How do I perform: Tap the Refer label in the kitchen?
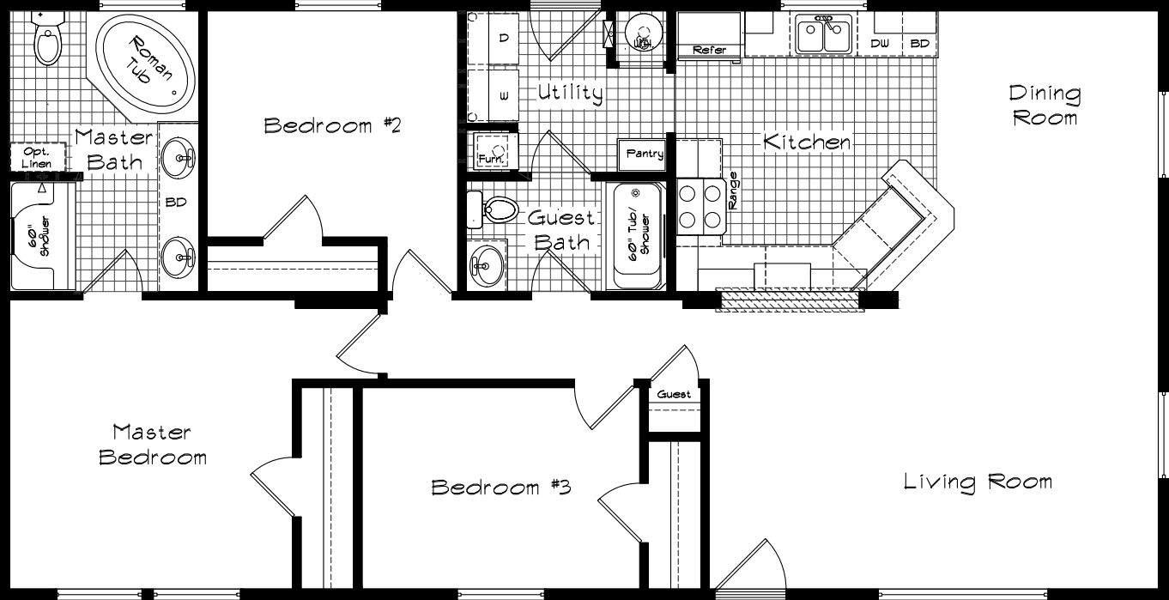point(709,51)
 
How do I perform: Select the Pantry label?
point(644,155)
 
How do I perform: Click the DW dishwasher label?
point(880,43)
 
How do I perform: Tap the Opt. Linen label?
point(37,157)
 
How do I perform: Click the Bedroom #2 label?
point(332,126)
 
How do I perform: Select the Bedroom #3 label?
point(500,488)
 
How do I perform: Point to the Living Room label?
point(978,482)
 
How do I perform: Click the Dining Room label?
point(1045,105)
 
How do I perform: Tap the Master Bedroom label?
point(152,444)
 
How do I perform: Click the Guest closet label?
point(674,395)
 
